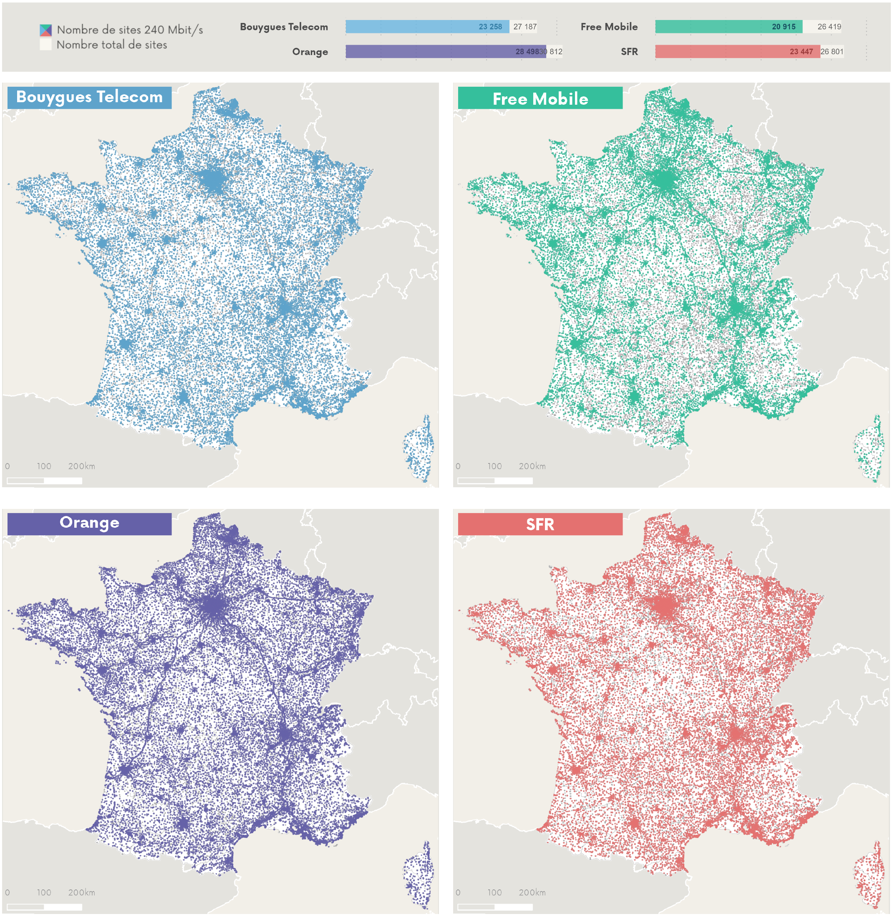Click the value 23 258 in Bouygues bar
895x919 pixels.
(490, 27)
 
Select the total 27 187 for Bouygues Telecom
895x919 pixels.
(524, 27)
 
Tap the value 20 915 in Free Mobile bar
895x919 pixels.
(783, 27)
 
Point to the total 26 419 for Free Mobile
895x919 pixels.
(829, 27)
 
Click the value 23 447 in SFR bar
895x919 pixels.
(801, 52)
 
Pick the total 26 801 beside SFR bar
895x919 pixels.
(832, 52)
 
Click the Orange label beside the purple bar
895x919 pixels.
(310, 52)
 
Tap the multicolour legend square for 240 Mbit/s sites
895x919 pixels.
(45, 30)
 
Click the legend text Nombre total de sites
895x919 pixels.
(111, 45)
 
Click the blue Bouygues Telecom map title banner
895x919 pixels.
(89, 97)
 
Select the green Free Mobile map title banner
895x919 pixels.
(540, 98)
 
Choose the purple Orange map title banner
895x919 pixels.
(89, 523)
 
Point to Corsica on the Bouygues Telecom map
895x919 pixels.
(419, 449)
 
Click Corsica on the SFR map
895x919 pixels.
(870, 875)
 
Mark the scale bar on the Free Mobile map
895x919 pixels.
(494, 481)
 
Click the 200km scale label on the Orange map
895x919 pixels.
(81, 892)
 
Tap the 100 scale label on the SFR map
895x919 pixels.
(494, 892)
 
